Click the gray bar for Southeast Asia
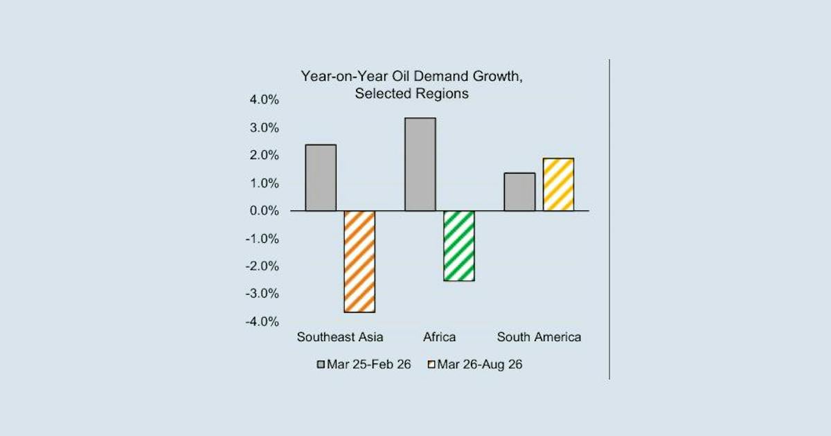(x=321, y=178)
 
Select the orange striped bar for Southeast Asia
(x=359, y=262)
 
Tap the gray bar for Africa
(x=420, y=164)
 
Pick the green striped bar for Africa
(x=459, y=246)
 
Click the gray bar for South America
(x=520, y=192)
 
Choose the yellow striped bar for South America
(x=558, y=185)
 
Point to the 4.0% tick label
(x=264, y=100)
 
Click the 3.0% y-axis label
(x=264, y=128)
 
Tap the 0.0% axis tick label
(x=264, y=210)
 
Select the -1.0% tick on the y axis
(x=262, y=239)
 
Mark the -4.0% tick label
(x=262, y=321)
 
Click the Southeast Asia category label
(x=340, y=337)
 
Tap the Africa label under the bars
(x=440, y=337)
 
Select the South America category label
(x=539, y=337)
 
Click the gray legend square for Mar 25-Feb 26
(x=321, y=365)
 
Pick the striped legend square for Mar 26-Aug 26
(x=431, y=365)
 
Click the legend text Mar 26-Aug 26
(x=480, y=365)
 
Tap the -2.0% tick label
(x=262, y=266)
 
